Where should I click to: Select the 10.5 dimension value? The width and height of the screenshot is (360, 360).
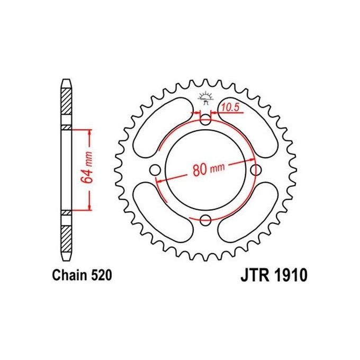click(x=231, y=107)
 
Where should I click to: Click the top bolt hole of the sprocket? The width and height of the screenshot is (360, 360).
click(x=206, y=119)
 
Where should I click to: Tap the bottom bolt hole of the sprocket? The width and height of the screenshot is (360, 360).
click(x=206, y=220)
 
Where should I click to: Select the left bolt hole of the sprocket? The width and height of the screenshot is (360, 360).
click(x=155, y=169)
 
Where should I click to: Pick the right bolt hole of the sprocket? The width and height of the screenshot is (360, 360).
click(x=257, y=169)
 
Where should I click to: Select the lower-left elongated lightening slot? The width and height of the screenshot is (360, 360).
click(x=161, y=212)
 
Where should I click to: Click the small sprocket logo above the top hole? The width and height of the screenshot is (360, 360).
click(x=206, y=96)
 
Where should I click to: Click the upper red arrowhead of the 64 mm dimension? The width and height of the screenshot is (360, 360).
click(x=90, y=132)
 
